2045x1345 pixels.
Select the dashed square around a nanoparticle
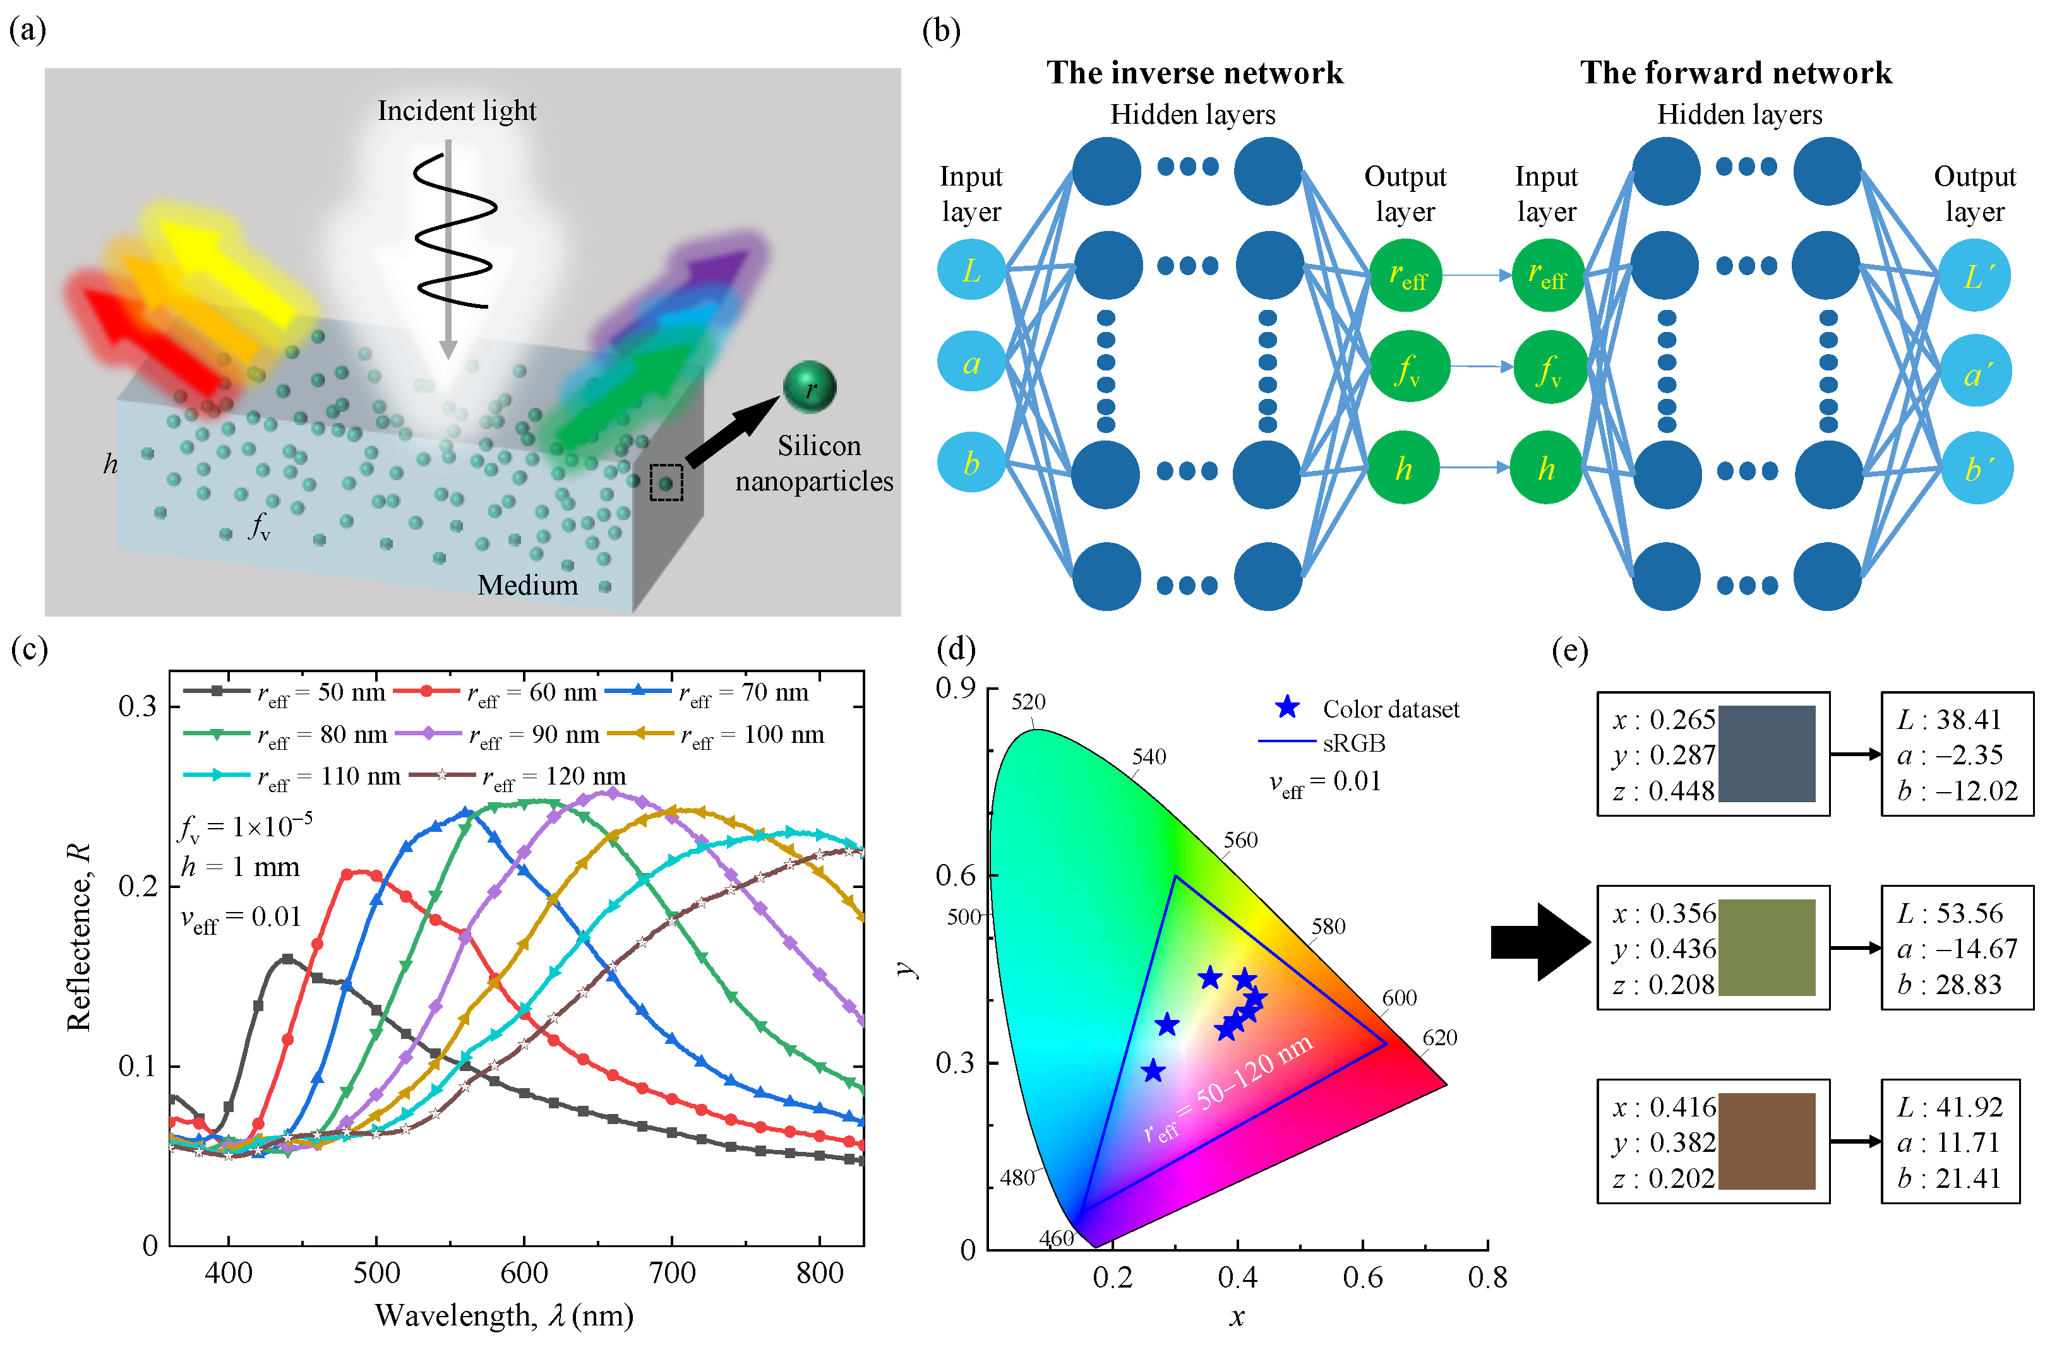pos(666,483)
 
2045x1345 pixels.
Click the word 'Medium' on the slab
pos(527,585)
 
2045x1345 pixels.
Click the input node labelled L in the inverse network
pos(971,271)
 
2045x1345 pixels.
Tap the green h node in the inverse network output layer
pos(1403,468)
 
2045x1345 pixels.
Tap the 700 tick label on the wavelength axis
pos(672,1272)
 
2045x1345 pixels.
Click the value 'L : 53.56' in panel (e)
pos(1950,913)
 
